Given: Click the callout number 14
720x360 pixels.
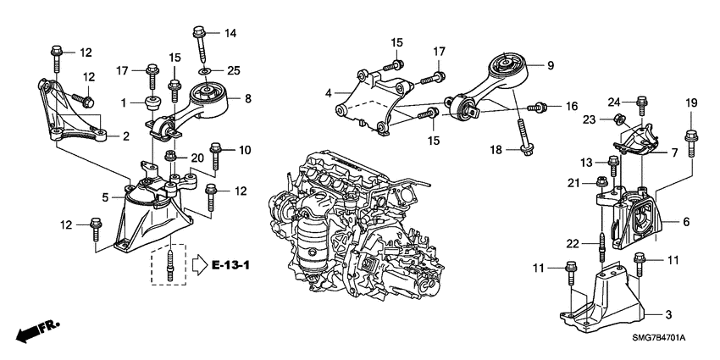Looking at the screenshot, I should coord(230,33).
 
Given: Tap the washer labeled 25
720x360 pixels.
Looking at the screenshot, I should coord(203,71).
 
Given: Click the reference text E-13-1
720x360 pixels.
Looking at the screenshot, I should coord(231,266).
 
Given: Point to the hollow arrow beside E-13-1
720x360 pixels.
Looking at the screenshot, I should coord(198,265).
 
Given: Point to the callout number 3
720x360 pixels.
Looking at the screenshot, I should coord(668,314).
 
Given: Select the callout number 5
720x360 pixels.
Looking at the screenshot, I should coord(107,197).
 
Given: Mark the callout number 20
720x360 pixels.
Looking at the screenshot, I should coord(197,158).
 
